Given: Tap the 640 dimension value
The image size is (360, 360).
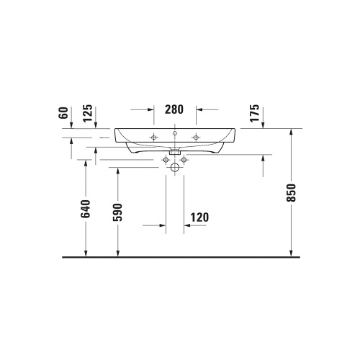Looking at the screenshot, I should coord(86,209).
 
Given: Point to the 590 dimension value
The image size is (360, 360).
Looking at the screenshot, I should coord(117,213).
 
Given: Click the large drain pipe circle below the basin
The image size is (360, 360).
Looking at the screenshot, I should coord(175,167).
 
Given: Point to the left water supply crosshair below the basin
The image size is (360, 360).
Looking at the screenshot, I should coord(166,158).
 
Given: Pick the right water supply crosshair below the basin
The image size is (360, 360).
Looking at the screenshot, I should coord(184,158).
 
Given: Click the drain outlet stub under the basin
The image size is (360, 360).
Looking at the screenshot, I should coord(174,153).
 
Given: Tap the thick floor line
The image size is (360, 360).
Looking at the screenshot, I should coord(180,257).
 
